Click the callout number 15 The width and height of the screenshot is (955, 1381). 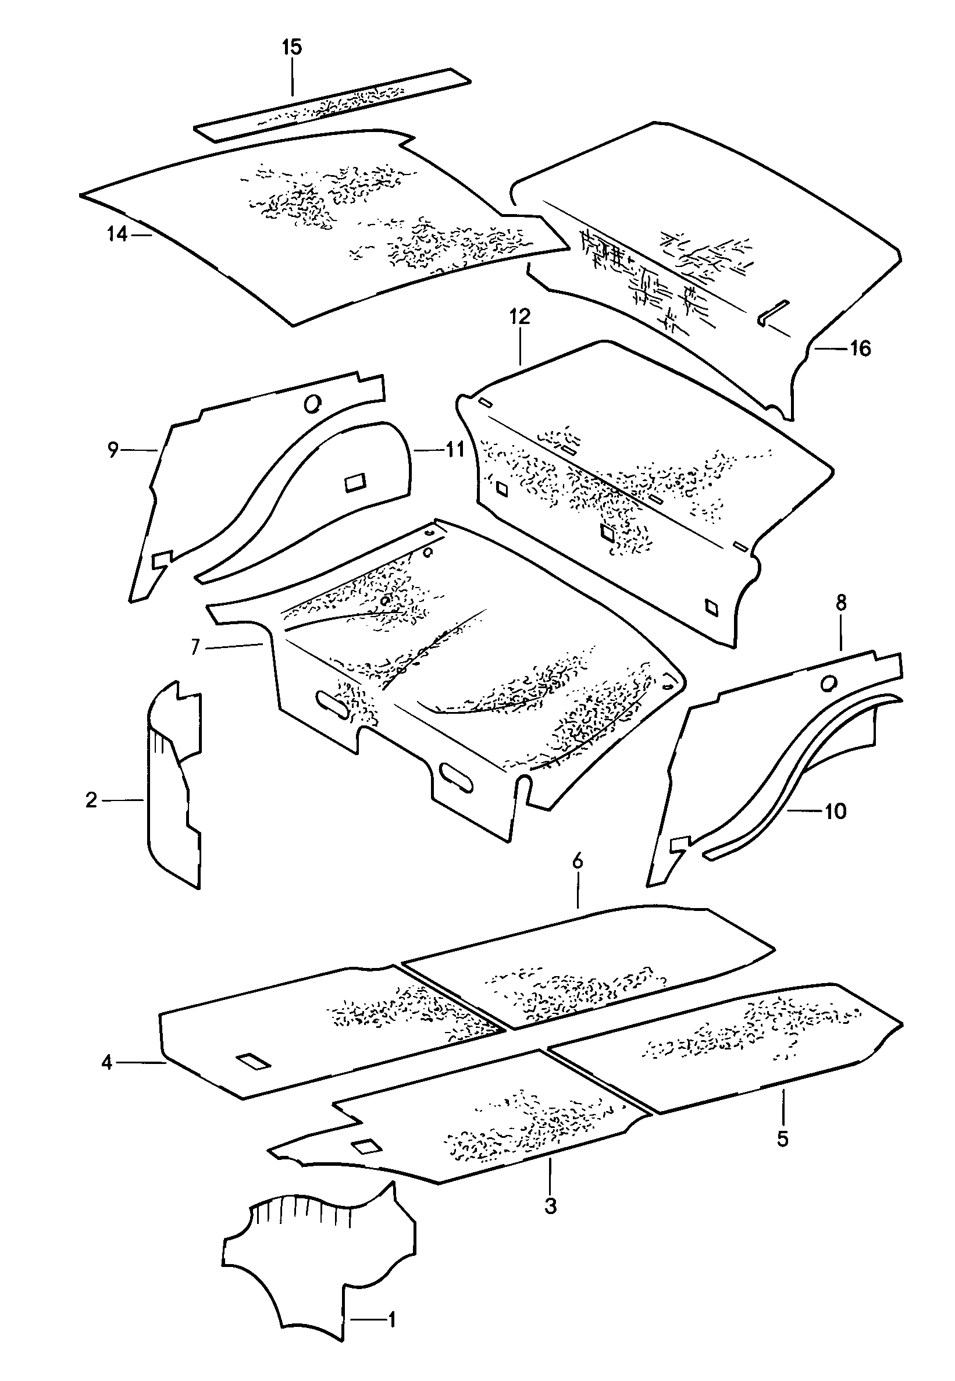[x=292, y=47]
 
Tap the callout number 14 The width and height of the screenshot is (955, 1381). [x=117, y=234]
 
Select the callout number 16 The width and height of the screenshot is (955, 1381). [x=860, y=348]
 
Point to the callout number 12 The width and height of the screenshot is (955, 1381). [x=520, y=316]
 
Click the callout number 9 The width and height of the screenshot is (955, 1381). [x=113, y=449]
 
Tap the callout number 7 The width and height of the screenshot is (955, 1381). [x=195, y=647]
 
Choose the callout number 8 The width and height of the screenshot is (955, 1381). [x=842, y=603]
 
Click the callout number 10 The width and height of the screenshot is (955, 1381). [x=835, y=811]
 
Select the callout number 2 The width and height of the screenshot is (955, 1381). [x=91, y=799]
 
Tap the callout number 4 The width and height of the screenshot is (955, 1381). [x=106, y=1062]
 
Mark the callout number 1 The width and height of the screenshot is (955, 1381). [x=392, y=1336]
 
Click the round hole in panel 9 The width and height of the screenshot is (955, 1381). [x=312, y=404]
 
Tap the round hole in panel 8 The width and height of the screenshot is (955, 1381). [x=829, y=683]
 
